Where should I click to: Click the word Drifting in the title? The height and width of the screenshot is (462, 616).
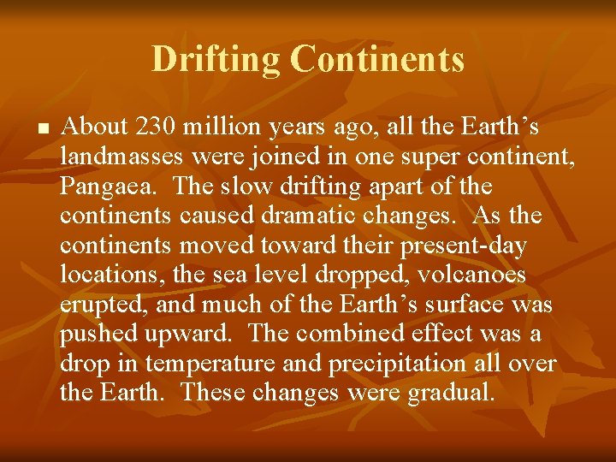[x=216, y=60]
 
